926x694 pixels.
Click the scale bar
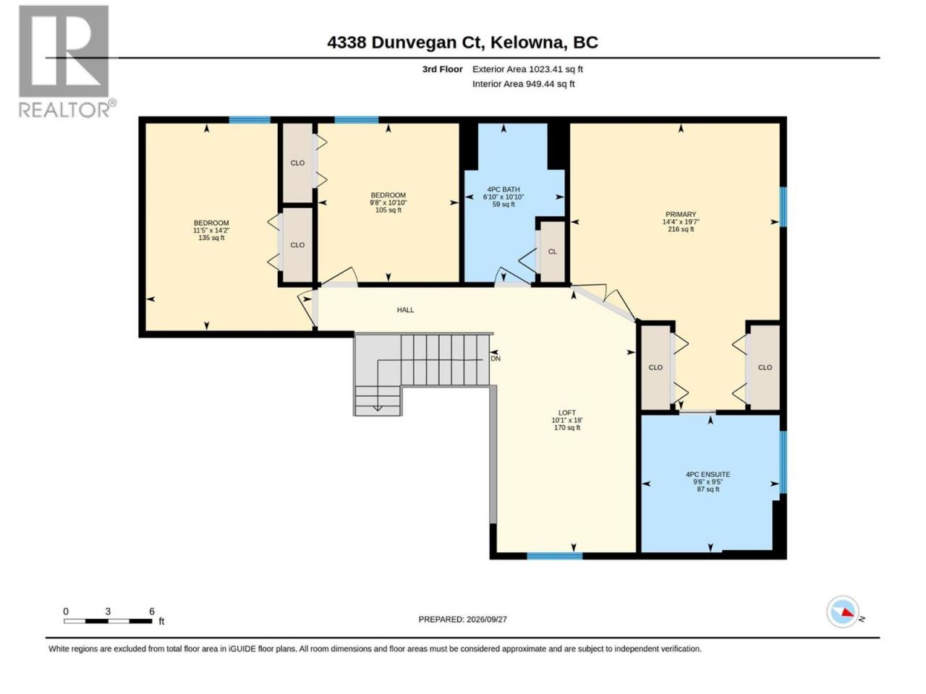click(108, 621)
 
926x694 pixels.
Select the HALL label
click(405, 309)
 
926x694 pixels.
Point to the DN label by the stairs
click(496, 359)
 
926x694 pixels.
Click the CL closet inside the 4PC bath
click(552, 252)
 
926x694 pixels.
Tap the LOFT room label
click(566, 413)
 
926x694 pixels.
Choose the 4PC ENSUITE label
click(708, 474)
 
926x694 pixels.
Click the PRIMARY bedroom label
click(681, 214)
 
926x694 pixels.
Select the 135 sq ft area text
click(211, 238)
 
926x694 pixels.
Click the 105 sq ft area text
click(388, 210)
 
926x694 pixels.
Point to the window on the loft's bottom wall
click(554, 556)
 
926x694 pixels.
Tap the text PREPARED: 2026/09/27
click(462, 620)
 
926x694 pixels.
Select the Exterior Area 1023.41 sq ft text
click(527, 69)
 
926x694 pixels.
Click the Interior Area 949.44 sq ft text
click(523, 84)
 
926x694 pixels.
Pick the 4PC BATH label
click(504, 189)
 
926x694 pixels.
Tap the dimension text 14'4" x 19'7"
click(681, 222)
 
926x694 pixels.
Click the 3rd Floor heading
click(442, 69)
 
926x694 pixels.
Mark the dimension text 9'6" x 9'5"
click(708, 481)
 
